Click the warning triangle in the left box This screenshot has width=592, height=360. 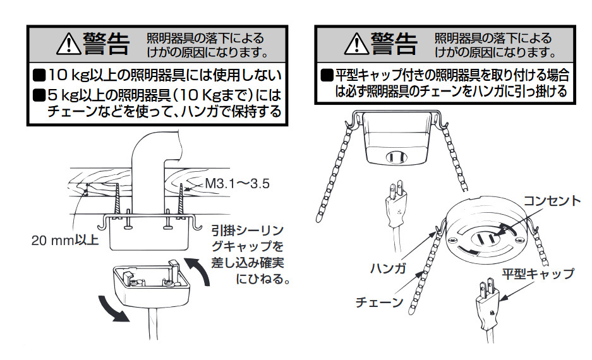coord(69,44)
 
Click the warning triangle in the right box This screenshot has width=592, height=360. coord(357,44)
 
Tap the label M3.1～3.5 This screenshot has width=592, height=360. coord(237,184)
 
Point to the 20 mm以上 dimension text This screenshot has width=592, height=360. coord(64,240)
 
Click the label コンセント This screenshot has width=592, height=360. coord(552,201)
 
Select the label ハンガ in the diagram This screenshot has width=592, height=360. coord(388,268)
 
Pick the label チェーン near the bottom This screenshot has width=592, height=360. coord(380,302)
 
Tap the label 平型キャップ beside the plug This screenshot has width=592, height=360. coord(538,273)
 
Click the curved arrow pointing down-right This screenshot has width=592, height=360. coord(112,309)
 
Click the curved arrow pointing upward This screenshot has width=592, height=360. coord(200,270)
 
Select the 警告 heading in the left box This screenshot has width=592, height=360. coord(107,44)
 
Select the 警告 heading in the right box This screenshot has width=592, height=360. coord(394,44)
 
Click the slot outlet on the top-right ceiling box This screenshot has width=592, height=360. coord(396,157)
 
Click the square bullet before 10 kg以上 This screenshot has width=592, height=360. coord(39,75)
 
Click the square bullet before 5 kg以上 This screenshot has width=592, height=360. coord(39,95)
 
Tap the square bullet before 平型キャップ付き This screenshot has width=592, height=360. coord(327,75)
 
